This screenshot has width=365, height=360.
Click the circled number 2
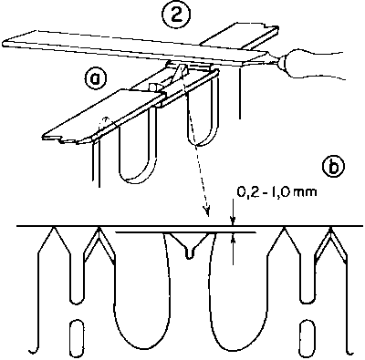[176, 15]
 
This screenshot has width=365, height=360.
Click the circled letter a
[96, 78]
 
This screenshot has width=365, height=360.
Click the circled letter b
[333, 167]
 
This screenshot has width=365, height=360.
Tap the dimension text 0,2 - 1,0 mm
[276, 192]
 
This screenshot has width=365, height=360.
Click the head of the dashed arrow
[207, 211]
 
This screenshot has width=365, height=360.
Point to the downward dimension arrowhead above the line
[233, 221]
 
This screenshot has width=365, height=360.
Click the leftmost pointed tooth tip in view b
[54, 227]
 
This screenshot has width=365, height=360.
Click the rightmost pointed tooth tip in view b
[330, 227]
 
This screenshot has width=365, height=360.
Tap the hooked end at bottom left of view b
[33, 352]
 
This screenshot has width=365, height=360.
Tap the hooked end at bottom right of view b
[350, 352]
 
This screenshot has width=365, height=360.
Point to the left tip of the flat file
[5, 42]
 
